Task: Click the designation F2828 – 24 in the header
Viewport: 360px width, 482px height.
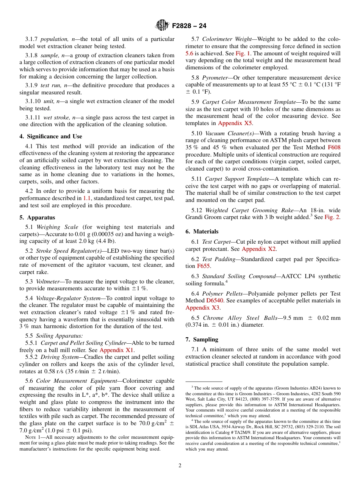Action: pos(189,26)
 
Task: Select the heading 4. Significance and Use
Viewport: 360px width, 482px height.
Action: pos(50,136)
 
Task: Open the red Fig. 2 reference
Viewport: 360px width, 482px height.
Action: pos(332,218)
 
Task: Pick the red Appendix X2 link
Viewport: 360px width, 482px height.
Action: pos(259,249)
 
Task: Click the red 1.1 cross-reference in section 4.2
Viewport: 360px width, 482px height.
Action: pos(87,198)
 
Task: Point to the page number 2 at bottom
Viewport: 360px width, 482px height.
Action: pos(180,466)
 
